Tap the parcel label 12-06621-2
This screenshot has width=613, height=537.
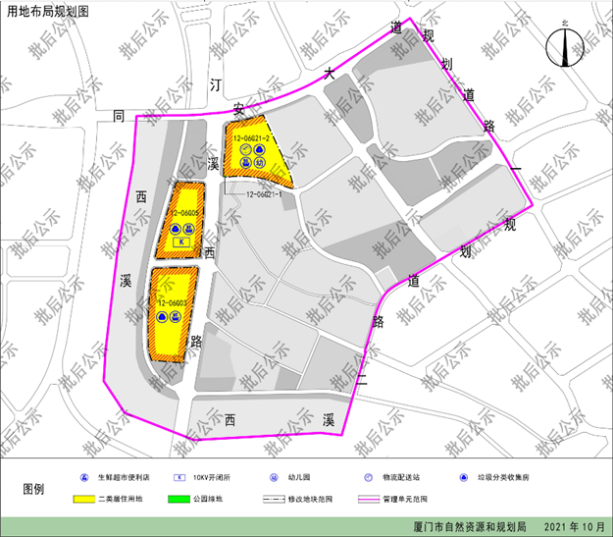click(x=251, y=138)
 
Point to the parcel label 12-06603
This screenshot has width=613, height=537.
click(x=173, y=303)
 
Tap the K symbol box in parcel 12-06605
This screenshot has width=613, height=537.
click(x=180, y=242)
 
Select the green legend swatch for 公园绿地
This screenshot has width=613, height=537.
click(x=185, y=499)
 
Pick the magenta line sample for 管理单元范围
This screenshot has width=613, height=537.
click(x=374, y=499)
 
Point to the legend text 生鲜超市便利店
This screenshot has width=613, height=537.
click(x=125, y=477)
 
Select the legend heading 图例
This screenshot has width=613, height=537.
click(x=33, y=488)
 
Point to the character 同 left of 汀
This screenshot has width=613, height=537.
click(x=120, y=116)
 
